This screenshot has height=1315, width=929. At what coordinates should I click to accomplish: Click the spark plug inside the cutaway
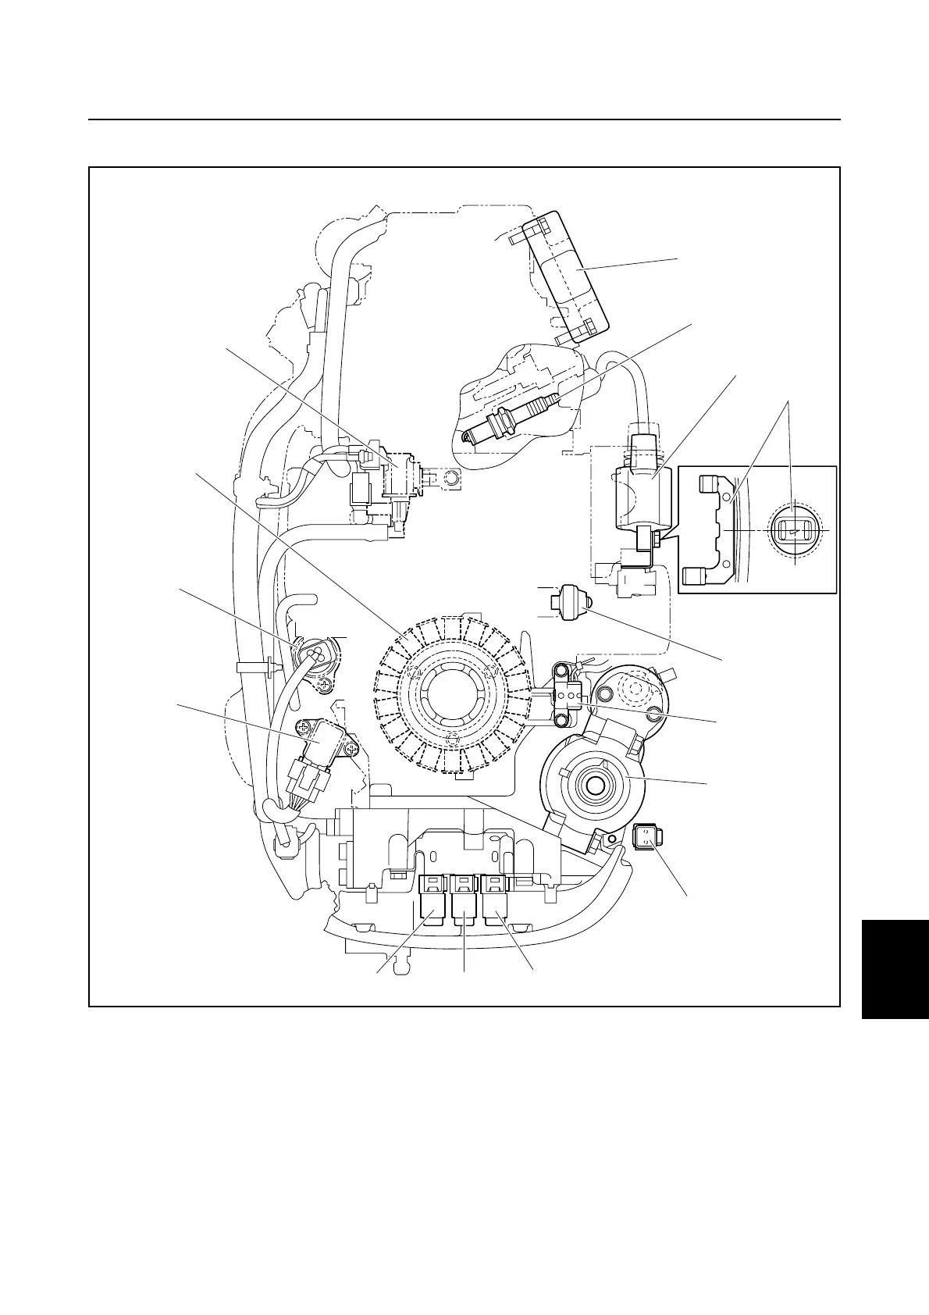(511, 418)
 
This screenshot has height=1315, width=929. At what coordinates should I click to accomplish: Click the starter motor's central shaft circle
(595, 785)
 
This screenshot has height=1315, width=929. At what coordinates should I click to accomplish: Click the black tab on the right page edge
(895, 968)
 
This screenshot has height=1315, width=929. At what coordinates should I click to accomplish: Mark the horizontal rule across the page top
(464, 120)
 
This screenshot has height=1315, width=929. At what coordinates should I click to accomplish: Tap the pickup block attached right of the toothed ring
(566, 692)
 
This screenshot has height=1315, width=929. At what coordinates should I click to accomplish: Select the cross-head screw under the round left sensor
(325, 684)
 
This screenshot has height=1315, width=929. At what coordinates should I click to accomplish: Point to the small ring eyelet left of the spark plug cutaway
(450, 477)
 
